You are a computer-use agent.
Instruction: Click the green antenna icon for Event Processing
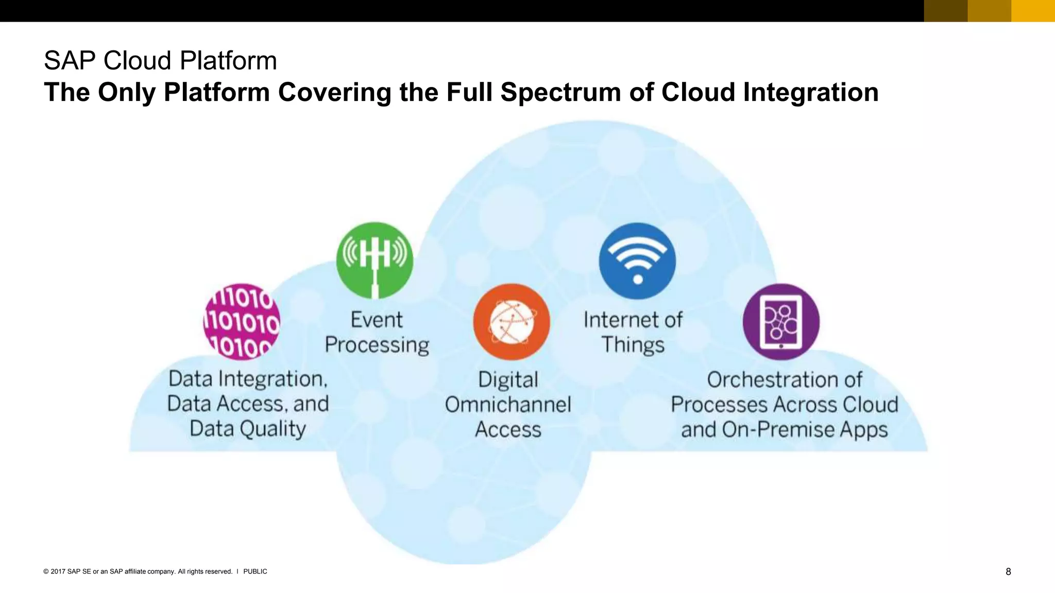(375, 260)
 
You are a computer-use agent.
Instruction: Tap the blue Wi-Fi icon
(637, 260)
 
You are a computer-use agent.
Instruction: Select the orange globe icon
(511, 322)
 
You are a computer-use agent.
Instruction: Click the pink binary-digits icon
(242, 322)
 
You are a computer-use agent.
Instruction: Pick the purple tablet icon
(781, 322)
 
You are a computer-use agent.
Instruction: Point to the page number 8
(1008, 571)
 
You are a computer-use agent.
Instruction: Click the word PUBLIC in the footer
(255, 571)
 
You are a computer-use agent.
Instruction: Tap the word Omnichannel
(508, 405)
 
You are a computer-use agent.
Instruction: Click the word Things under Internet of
(633, 344)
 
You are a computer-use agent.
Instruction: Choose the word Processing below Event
(377, 345)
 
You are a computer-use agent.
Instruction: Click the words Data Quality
(248, 429)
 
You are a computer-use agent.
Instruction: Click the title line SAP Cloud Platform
(160, 61)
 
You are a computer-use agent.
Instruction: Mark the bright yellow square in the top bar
(1033, 11)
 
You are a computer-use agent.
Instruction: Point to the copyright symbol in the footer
(46, 571)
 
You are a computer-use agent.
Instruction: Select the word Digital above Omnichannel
(508, 380)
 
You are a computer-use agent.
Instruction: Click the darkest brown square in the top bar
(945, 11)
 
